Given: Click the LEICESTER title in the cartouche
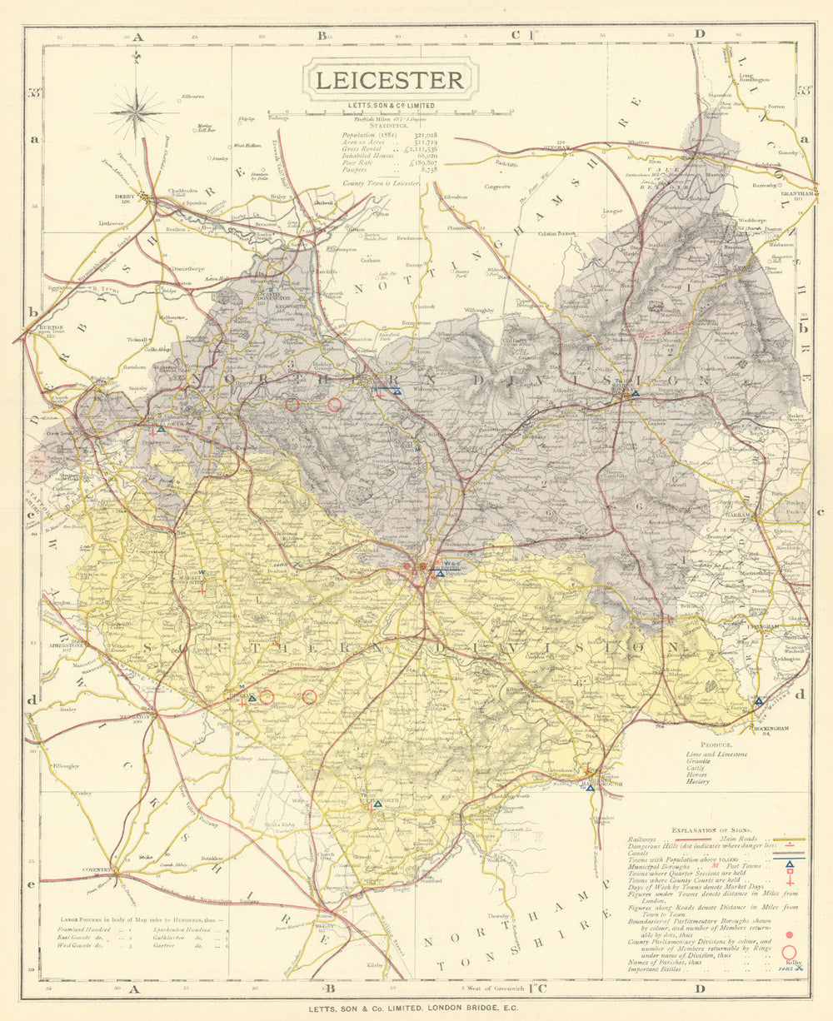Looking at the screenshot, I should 388,80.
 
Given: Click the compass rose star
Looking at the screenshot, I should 136,112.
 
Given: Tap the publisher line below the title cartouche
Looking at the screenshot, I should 388,106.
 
